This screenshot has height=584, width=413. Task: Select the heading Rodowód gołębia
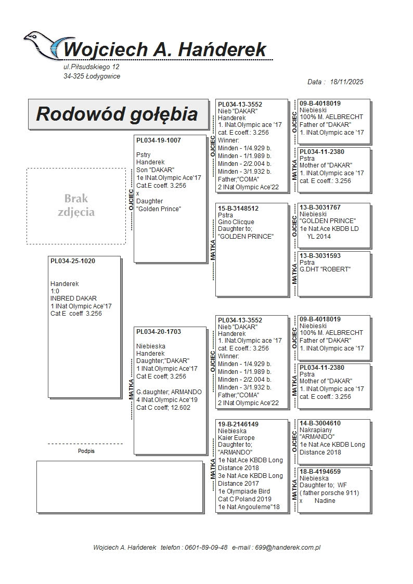117,114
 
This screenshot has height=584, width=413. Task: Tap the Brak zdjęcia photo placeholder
76,205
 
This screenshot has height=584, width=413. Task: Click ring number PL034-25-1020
73,261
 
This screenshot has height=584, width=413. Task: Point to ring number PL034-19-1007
159,140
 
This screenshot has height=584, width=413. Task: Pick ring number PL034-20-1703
159,332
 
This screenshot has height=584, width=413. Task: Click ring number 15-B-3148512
238,209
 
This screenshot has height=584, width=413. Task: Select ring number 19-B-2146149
238,424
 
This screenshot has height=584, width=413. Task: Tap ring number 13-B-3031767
320,207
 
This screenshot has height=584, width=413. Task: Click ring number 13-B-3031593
320,256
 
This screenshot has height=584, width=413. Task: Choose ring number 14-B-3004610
320,423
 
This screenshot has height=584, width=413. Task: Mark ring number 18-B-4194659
320,472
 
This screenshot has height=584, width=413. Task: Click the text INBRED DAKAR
73,299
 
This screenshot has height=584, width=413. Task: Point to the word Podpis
86,451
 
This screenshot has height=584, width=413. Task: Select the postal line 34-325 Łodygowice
92,76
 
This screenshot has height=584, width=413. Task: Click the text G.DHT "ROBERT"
325,269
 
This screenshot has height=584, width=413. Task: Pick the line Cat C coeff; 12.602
163,408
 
